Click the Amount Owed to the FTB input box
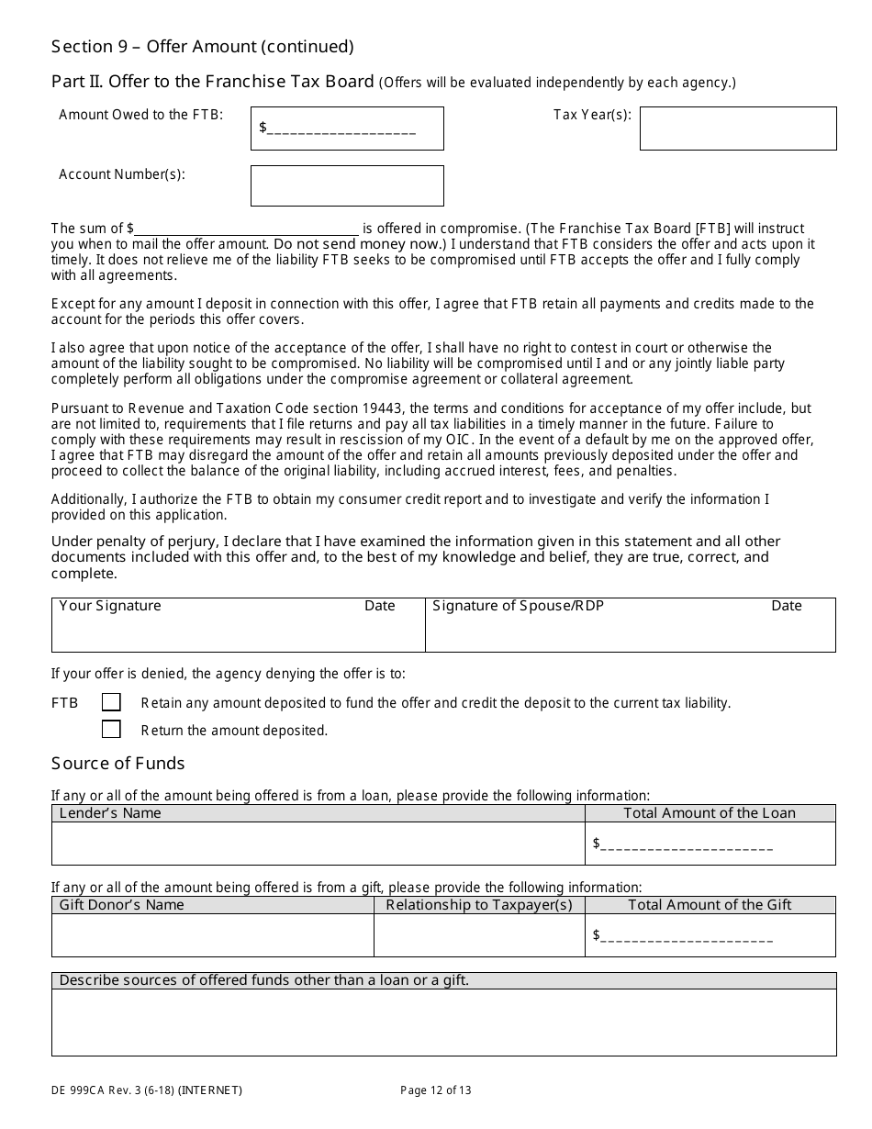pos(347,129)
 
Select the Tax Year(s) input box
pos(738,129)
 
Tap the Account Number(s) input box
pos(347,185)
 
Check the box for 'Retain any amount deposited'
pos(111,702)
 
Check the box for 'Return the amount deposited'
pos(111,730)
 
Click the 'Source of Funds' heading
pos(117,764)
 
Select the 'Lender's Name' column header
pos(110,813)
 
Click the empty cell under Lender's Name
pos(318,844)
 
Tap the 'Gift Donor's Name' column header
pos(121,905)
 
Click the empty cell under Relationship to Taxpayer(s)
pos(478,935)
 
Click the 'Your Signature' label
pos(109,606)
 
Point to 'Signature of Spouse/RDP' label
pos(518,606)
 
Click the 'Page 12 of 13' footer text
pos(436,1090)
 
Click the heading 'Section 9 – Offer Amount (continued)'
pos(202,47)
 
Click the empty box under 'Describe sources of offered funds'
pos(443,1022)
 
